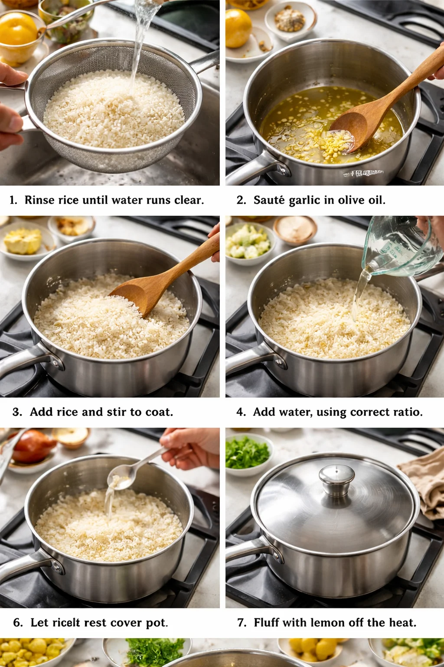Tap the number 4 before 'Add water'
(x=241, y=412)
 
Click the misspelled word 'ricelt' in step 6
(x=66, y=623)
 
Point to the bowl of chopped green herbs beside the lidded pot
(x=247, y=454)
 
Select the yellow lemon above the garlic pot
(x=238, y=28)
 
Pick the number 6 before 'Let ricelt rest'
(x=18, y=623)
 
